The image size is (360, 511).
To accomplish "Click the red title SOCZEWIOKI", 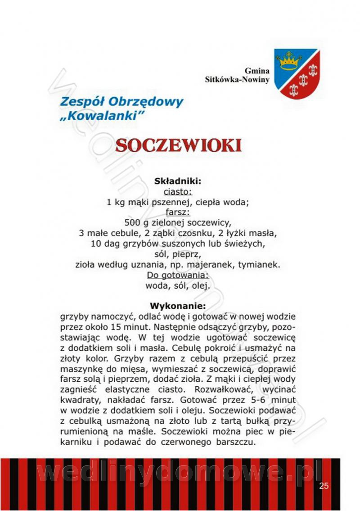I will pos(179,145).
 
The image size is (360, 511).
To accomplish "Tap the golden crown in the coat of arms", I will pos(288,61).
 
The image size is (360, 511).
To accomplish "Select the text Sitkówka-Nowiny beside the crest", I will pos(237,80).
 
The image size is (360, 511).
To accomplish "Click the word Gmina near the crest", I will pos(257,71).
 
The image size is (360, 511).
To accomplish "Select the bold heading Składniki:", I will pos(177,181).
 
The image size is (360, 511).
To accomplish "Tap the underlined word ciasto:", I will pos(177,192).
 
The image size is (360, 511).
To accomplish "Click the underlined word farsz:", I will pos(177,212).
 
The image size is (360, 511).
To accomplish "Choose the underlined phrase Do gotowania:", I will pos(178,275).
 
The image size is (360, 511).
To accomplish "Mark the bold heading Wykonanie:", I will pos(177,306).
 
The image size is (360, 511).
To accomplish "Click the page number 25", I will pos(324,485).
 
